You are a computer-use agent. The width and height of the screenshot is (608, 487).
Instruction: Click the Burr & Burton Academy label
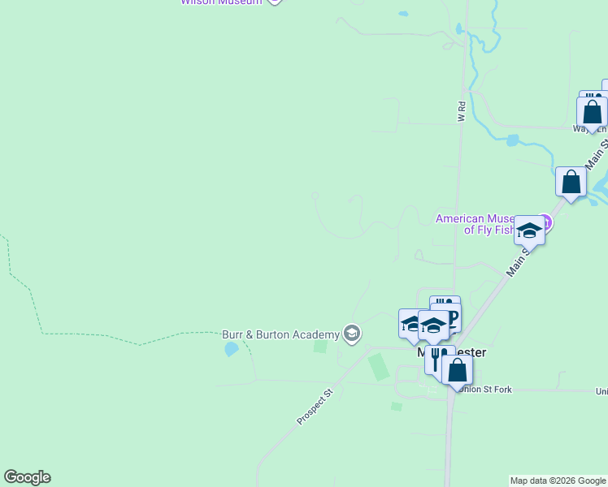[x=280, y=334]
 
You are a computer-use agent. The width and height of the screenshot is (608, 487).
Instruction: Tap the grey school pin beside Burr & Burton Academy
[x=351, y=334]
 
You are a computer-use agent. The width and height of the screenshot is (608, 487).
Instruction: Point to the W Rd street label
[x=461, y=111]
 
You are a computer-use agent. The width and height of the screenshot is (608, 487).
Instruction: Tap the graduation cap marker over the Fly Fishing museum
[x=529, y=231]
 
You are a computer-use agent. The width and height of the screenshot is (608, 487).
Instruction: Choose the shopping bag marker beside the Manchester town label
[x=458, y=370]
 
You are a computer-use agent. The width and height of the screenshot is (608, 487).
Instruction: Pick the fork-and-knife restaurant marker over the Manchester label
[x=436, y=358]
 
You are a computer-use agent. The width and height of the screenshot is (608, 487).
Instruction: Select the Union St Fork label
[x=485, y=390]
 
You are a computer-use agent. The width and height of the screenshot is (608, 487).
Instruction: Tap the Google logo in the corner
[x=27, y=477]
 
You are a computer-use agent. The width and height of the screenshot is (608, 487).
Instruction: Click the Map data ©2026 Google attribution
[x=558, y=481]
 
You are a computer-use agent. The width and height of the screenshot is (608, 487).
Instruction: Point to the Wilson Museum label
[x=221, y=2]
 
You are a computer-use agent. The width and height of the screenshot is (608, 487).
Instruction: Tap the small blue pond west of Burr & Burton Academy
[x=231, y=349]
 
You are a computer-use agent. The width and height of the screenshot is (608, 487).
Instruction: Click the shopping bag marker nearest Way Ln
[x=592, y=112]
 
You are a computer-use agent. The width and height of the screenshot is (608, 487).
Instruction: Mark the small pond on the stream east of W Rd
[x=512, y=140]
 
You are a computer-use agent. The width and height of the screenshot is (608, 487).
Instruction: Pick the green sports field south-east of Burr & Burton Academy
[x=379, y=366]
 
